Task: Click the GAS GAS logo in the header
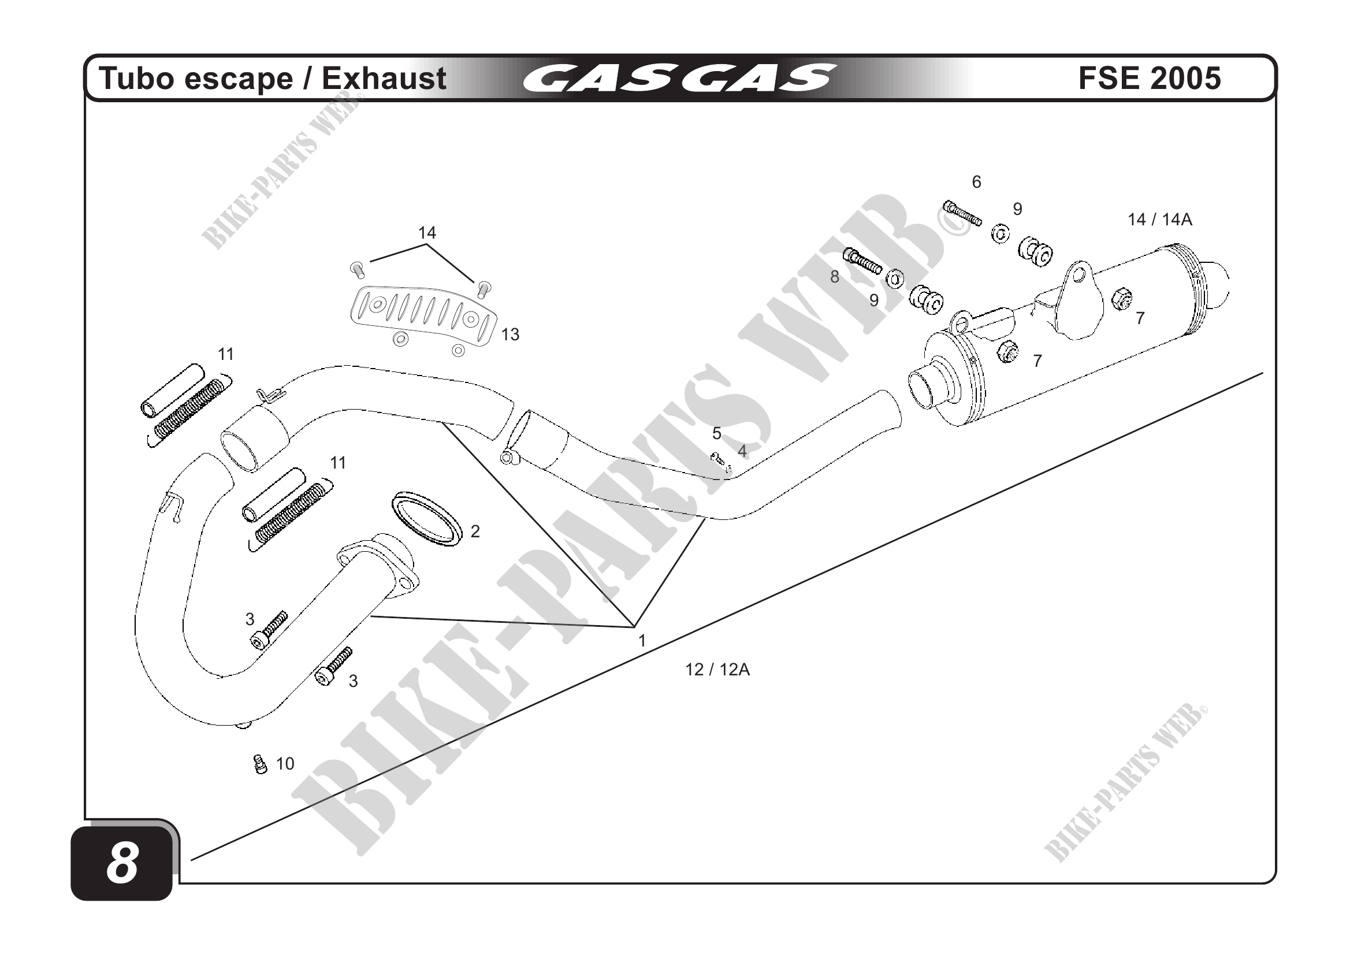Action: coord(679,78)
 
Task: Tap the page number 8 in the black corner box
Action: coord(122,863)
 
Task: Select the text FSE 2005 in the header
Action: coord(1149,78)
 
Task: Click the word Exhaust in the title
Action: coord(384,78)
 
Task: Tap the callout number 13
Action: coord(509,335)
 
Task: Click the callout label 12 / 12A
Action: coord(717,670)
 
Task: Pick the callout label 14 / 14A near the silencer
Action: coord(1159,220)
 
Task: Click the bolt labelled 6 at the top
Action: coord(962,214)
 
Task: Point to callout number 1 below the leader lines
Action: coord(642,640)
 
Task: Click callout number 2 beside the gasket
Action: coord(475,532)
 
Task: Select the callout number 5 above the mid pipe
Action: coord(716,434)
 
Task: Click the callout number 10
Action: coord(285,764)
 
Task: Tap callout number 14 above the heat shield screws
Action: coord(427,233)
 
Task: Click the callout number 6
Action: coord(976,183)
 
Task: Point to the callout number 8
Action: coord(834,277)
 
